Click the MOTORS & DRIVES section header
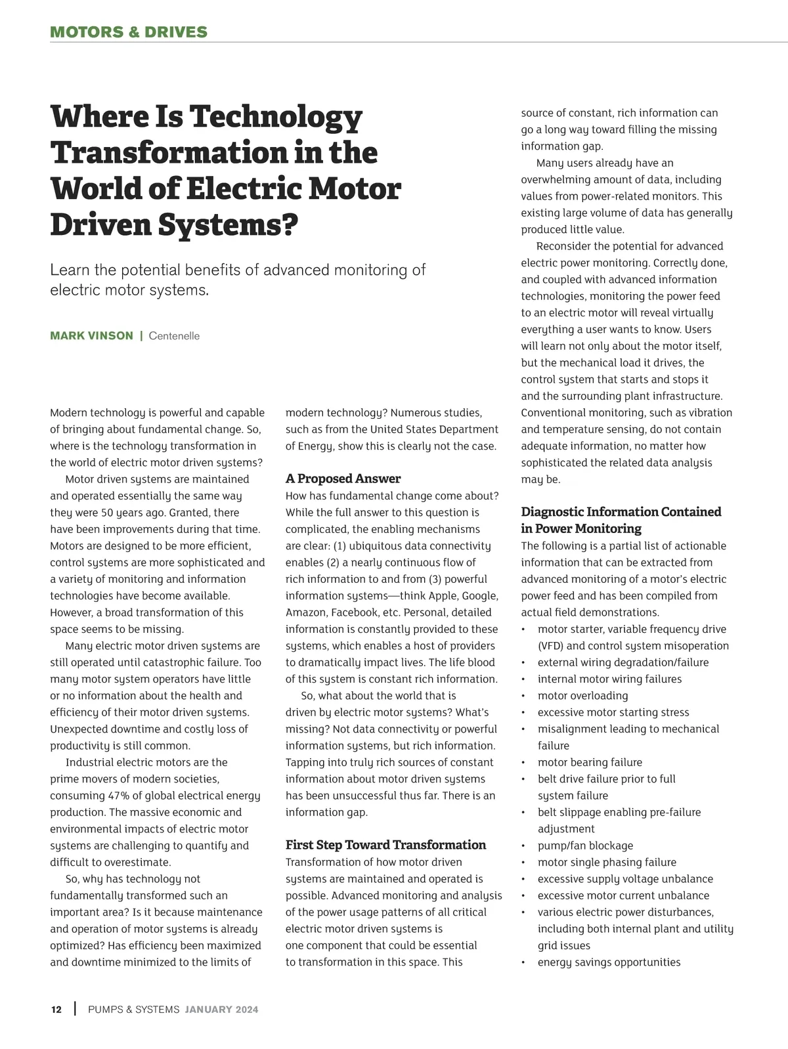[129, 32]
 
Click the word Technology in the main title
[276, 117]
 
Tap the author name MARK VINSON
[91, 336]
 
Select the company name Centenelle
[174, 336]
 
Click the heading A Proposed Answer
[343, 479]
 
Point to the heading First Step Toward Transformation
[385, 845]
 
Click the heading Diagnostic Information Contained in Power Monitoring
[621, 520]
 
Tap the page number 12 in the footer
[56, 1010]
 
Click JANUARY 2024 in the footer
[221, 1010]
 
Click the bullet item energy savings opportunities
[609, 962]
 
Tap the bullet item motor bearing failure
[590, 762]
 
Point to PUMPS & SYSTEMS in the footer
[133, 1010]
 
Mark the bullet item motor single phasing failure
[607, 863]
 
